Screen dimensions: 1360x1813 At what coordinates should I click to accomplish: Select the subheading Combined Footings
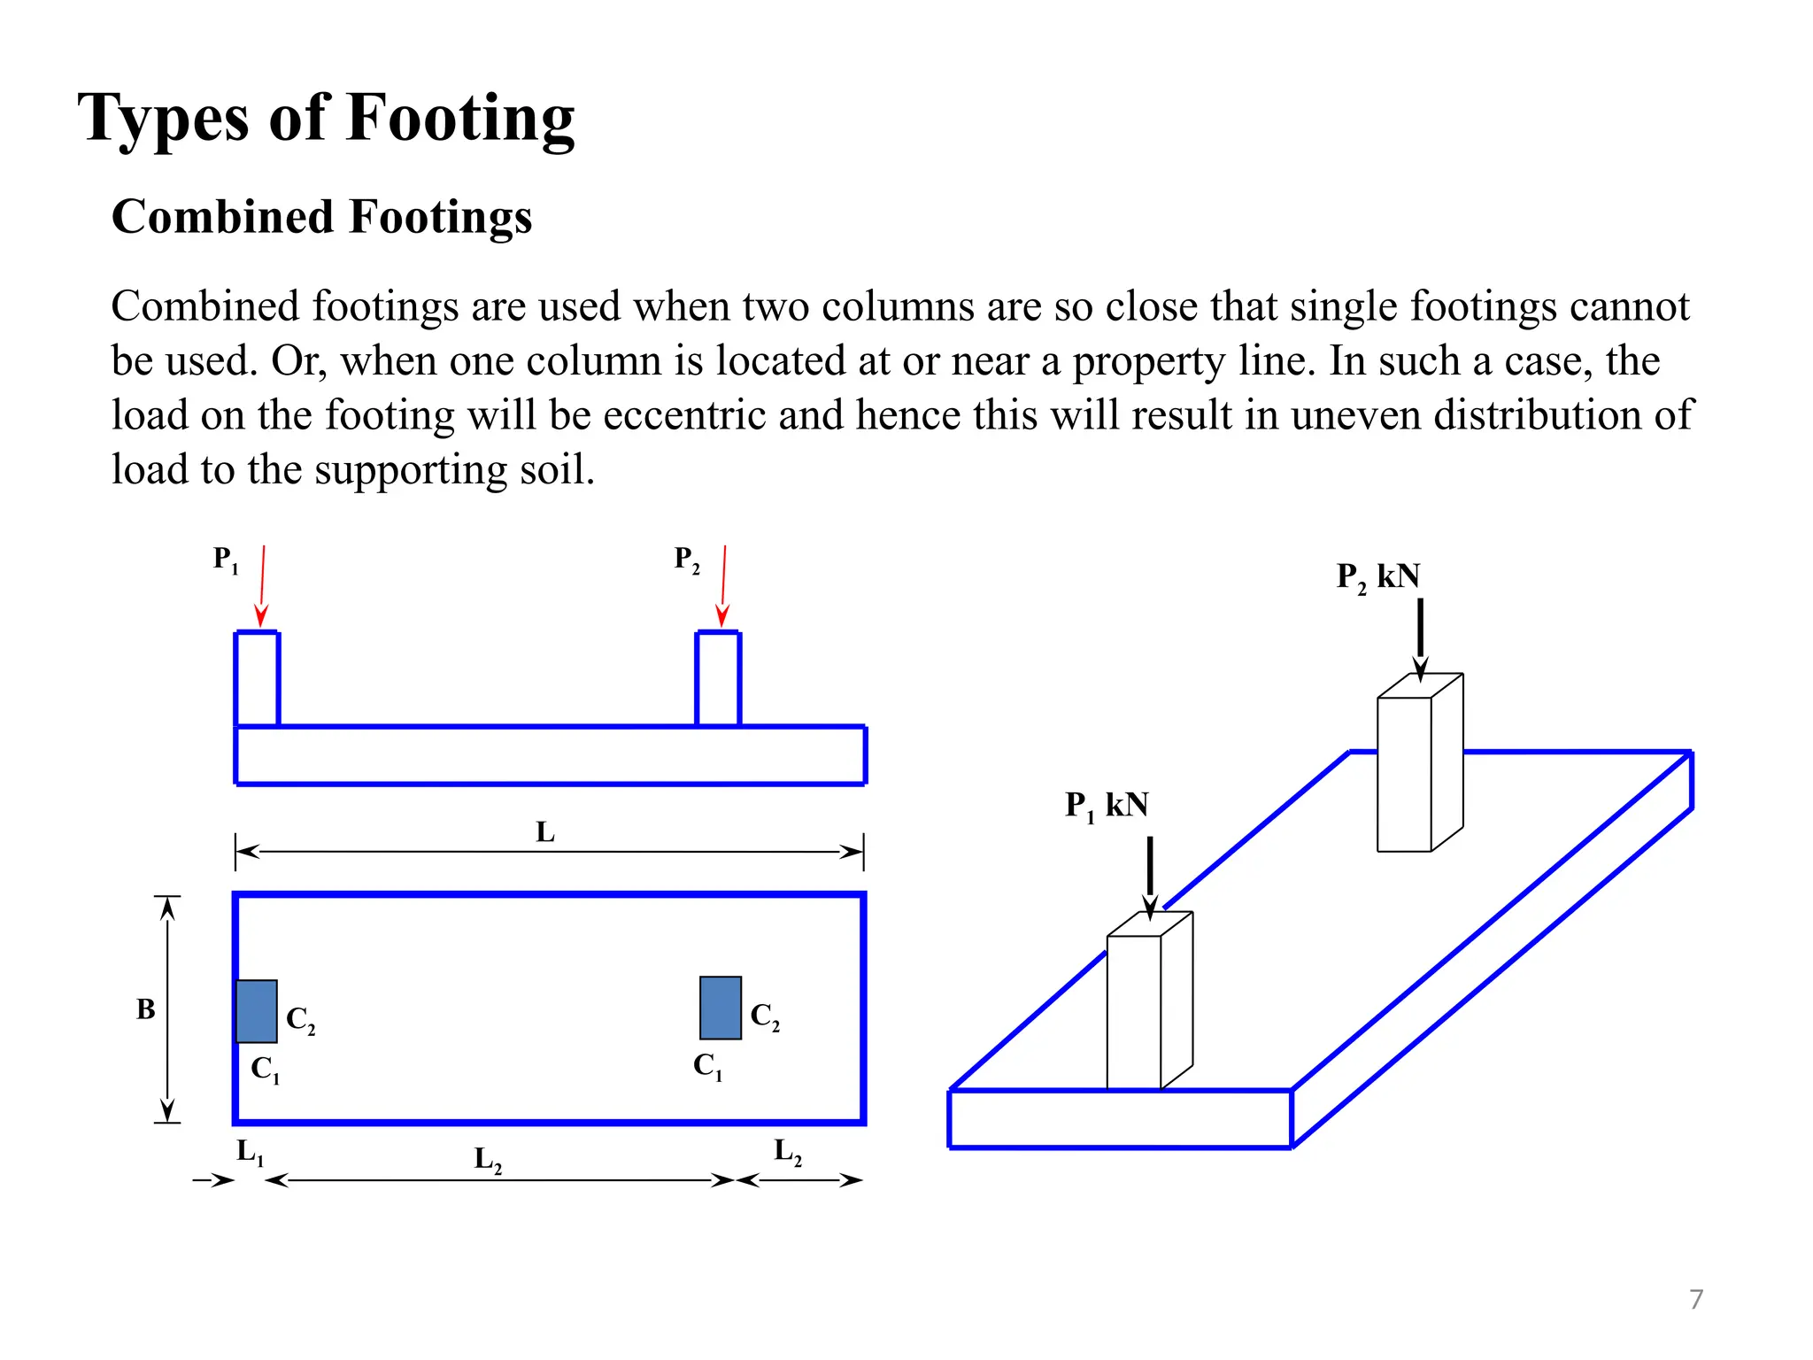coord(321,217)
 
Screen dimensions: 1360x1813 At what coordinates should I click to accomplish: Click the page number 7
coord(1696,1299)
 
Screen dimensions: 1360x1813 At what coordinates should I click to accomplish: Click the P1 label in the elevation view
coord(226,560)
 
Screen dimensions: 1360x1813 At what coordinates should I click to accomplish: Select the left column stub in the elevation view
coord(258,679)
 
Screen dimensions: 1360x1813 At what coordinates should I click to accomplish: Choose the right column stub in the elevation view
coord(718,679)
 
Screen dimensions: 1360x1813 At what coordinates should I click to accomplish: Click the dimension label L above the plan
coord(545,832)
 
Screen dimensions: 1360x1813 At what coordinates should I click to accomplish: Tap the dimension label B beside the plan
coord(146,1009)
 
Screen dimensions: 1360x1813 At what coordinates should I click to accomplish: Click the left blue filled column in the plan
coord(257,1011)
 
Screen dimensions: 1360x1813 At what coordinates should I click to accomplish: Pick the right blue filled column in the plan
coord(721,1008)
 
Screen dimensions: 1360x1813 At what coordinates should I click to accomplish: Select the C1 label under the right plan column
coord(707,1066)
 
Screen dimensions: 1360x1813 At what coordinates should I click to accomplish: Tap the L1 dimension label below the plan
coord(250,1152)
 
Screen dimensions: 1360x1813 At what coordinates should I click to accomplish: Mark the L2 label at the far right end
coord(788,1152)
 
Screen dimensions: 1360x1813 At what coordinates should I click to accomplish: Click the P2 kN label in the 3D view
coord(1377,577)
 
